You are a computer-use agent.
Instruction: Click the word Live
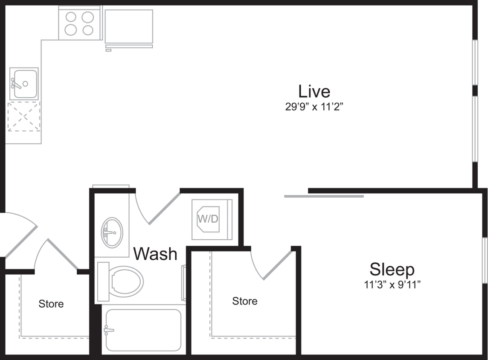tap(314, 91)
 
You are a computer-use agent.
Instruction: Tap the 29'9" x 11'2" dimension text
tap(314, 107)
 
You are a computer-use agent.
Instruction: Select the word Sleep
tap(392, 270)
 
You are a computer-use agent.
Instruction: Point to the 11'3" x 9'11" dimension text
tap(392, 285)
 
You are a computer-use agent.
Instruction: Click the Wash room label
tap(155, 254)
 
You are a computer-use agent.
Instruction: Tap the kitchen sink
tap(24, 84)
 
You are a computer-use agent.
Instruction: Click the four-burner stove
tap(79, 23)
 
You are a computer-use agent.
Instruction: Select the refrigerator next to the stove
tap(129, 26)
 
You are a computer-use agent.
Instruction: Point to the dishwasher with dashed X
tap(24, 116)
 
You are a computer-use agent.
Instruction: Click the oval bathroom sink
tap(112, 232)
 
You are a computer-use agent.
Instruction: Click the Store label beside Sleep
tap(244, 301)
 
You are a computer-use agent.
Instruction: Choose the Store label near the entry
tap(51, 304)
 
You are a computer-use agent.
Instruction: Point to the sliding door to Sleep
tap(324, 196)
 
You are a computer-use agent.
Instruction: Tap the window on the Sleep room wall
tap(485, 260)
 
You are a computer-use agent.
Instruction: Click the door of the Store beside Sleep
tap(273, 264)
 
